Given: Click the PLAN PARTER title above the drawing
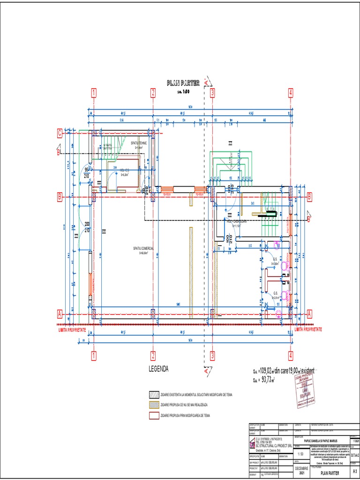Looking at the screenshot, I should [183, 83].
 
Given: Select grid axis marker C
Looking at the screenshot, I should [60, 134].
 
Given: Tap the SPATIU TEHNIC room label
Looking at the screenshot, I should [139, 143].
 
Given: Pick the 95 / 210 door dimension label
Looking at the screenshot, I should [87, 173].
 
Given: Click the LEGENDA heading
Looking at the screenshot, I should [158, 369].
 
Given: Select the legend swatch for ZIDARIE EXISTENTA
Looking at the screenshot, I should [154, 395].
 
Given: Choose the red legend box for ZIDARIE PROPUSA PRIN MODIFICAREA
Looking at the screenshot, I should [154, 415].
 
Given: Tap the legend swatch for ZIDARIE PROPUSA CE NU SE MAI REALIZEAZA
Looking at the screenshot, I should [154, 405].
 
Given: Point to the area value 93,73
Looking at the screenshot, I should [266, 379].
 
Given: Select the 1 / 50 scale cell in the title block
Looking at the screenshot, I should [301, 454].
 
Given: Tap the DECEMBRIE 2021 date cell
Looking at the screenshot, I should [301, 471].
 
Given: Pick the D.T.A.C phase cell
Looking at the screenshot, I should [354, 455].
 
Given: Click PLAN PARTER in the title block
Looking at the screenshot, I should [330, 473].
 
